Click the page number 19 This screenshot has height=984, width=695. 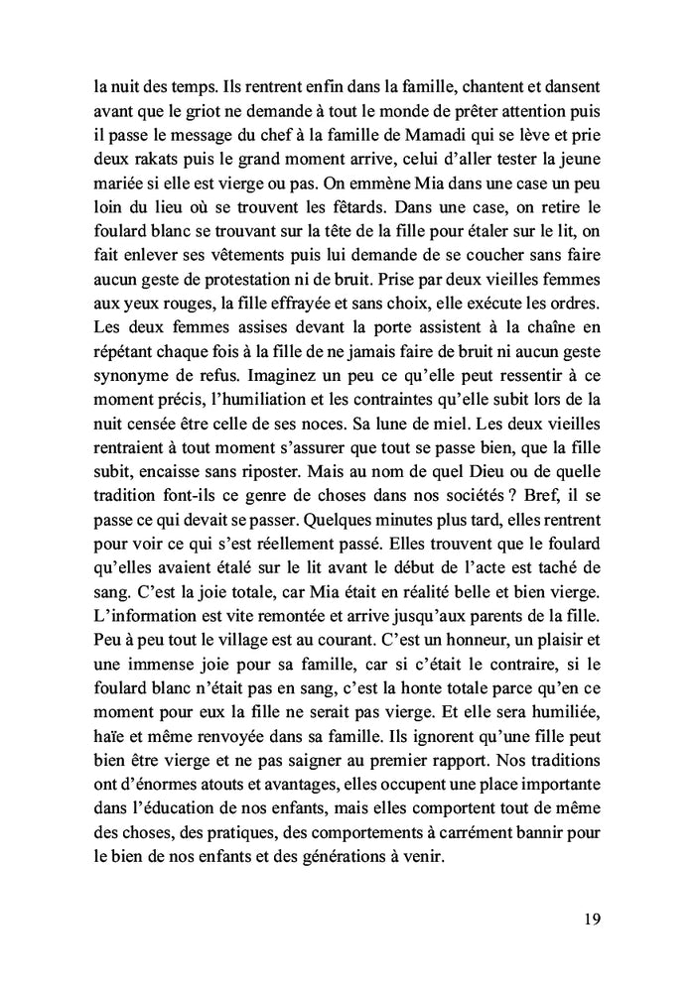point(591,919)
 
